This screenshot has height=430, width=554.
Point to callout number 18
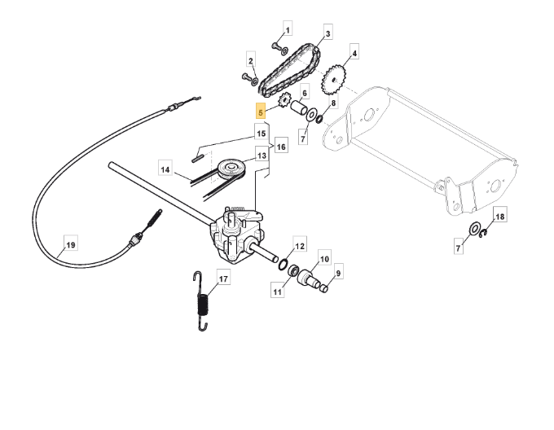click(500, 217)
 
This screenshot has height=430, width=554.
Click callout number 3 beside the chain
click(328, 34)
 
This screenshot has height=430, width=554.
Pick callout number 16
click(281, 147)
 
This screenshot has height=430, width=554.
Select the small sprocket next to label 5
click(285, 102)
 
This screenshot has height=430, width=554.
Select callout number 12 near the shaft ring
click(300, 245)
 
